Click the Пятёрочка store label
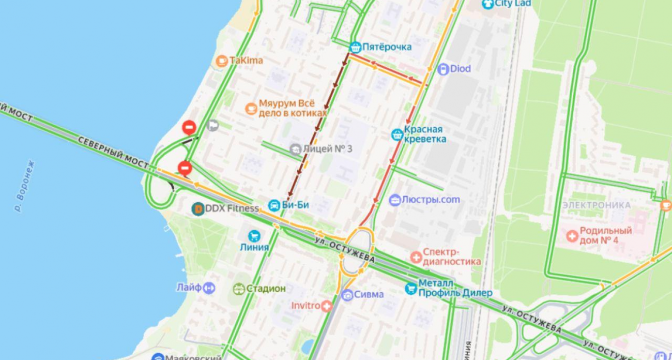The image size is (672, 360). point(387,47)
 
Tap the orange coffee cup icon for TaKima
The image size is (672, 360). point(222,61)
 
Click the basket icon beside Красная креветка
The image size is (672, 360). point(397,134)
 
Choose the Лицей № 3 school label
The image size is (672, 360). point(327,149)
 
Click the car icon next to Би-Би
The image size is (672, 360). point(273,205)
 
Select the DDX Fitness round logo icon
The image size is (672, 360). point(197,208)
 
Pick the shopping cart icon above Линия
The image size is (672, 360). point(254,236)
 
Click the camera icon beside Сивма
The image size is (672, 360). point(347,295)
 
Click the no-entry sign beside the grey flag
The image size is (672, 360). point(189,127)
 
